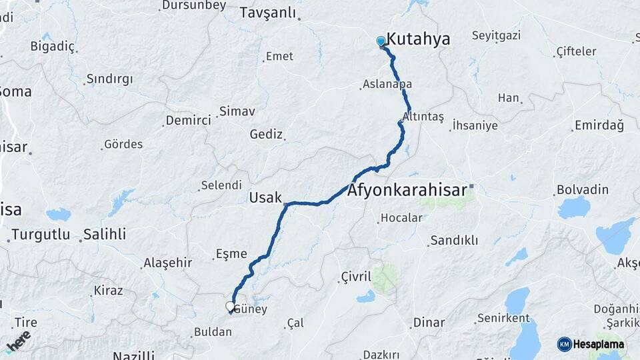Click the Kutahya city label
click(419, 39)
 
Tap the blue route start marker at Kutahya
click(381, 41)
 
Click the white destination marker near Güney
click(230, 307)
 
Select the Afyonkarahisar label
click(407, 191)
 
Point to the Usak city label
click(265, 197)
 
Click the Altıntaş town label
click(424, 116)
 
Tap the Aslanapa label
click(387, 85)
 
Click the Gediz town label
click(266, 134)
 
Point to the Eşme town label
click(231, 254)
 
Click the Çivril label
click(355, 277)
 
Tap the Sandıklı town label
click(454, 240)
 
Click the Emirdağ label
click(598, 125)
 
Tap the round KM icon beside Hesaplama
click(565, 344)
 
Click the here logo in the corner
click(18, 341)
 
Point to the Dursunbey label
click(194, 6)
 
